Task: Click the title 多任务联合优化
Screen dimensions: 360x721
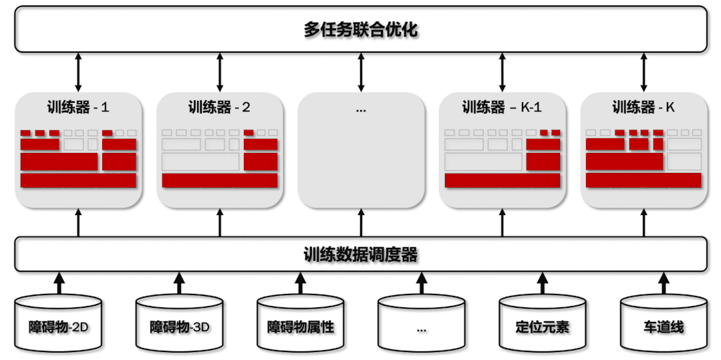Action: pyautogui.click(x=361, y=30)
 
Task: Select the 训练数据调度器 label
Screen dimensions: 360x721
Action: pyautogui.click(x=361, y=254)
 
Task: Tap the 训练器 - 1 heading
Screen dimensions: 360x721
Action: pyautogui.click(x=78, y=107)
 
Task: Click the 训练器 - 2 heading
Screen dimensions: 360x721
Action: pyautogui.click(x=220, y=107)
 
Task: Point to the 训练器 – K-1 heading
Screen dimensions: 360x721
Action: pyautogui.click(x=502, y=107)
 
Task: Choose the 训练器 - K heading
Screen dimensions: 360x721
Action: pyautogui.click(x=643, y=107)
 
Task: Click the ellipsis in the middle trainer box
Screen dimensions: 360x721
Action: pyautogui.click(x=361, y=109)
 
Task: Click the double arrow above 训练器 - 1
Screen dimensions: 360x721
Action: pyautogui.click(x=78, y=72)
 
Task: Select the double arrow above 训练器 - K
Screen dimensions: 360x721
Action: pyautogui.click(x=644, y=72)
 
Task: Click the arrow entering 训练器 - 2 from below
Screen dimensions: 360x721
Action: pyautogui.click(x=220, y=222)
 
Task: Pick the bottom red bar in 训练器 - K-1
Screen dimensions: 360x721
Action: pyautogui.click(x=502, y=180)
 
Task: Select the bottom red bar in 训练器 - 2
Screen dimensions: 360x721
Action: pyautogui.click(x=220, y=180)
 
